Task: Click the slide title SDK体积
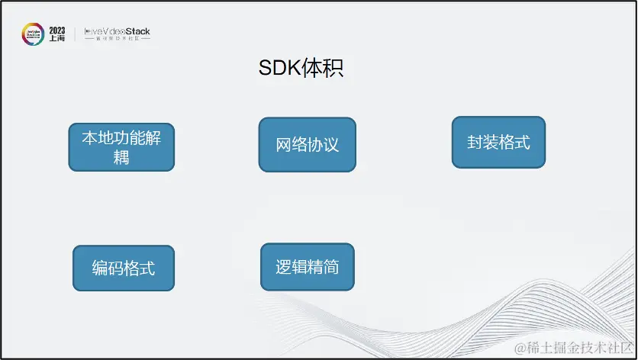click(300, 69)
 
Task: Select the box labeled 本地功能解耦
click(121, 146)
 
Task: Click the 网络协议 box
click(307, 144)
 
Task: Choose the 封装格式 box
click(498, 142)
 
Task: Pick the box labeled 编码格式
click(123, 268)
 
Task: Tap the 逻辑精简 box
click(307, 267)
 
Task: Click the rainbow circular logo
click(33, 34)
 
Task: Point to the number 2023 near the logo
click(57, 29)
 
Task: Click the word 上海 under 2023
click(57, 38)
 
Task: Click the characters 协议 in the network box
click(323, 144)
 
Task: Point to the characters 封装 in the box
click(482, 142)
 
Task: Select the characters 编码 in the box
click(108, 268)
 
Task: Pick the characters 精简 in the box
click(323, 267)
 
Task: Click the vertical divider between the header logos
click(75, 34)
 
